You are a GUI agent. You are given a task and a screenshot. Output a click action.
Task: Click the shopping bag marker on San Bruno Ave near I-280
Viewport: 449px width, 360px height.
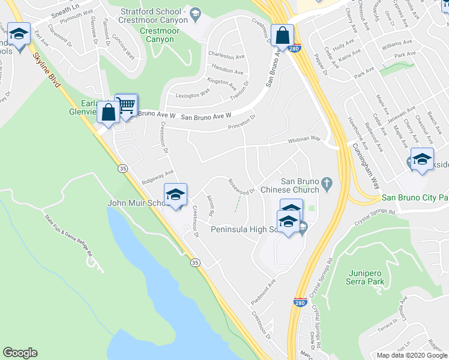pyautogui.click(x=282, y=36)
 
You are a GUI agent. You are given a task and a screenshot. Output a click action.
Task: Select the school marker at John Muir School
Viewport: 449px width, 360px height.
pyautogui.click(x=175, y=196)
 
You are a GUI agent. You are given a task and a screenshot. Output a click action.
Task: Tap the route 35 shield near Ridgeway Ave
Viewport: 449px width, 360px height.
pyautogui.click(x=122, y=167)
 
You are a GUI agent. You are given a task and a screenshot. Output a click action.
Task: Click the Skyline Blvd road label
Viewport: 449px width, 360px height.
pyautogui.click(x=46, y=69)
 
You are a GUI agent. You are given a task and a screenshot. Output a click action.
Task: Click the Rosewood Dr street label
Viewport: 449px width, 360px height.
pyautogui.click(x=243, y=187)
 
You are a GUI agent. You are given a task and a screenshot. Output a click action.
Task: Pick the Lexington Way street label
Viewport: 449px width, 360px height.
pyautogui.click(x=192, y=94)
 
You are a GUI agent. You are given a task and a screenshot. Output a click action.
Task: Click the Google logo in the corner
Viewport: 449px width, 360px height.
pyautogui.click(x=20, y=353)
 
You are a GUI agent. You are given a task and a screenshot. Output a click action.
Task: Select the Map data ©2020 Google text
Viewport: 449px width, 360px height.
pyautogui.click(x=412, y=355)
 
